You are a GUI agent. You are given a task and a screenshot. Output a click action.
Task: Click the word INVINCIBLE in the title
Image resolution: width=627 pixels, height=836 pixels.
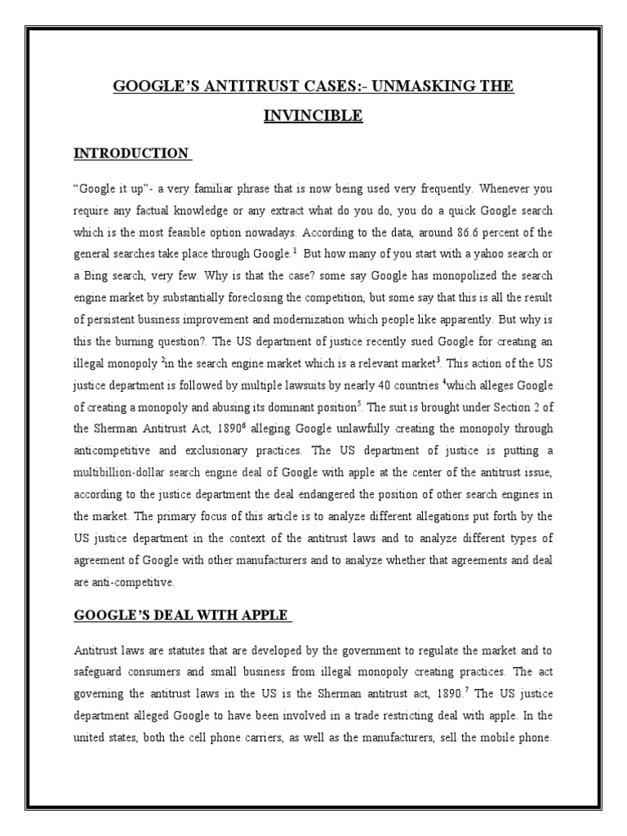pos(313,116)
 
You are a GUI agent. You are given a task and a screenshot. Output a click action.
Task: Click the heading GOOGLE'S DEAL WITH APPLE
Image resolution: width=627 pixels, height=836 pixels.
pos(181,615)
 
